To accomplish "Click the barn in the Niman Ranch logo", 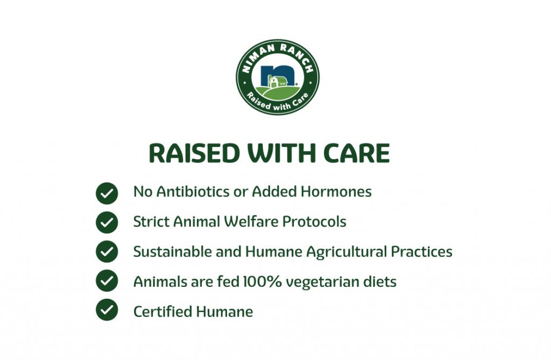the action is pos(278,81).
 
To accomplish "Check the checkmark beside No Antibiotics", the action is pos(107,193).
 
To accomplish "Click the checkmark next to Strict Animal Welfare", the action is pos(107,222).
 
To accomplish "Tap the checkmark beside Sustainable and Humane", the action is pos(107,251).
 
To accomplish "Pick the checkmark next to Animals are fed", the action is pos(107,280).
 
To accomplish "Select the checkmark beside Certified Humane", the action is pos(107,310).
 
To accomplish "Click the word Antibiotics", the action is pos(193,192).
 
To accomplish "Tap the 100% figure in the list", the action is pos(262,281).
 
